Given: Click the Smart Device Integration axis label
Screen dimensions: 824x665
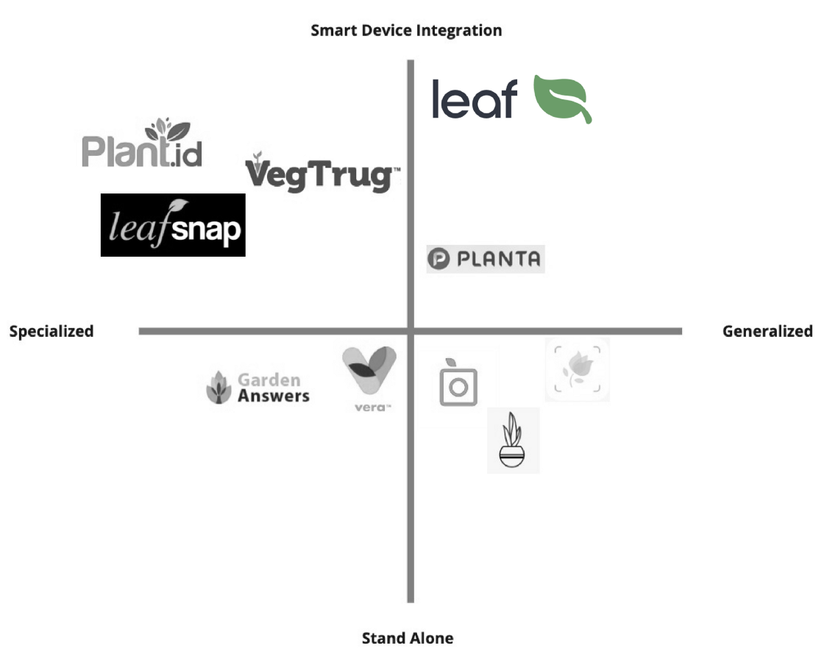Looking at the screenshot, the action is click(406, 30).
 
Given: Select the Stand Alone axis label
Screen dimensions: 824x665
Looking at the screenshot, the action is click(408, 639).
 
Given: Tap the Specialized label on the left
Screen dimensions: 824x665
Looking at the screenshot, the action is click(51, 332).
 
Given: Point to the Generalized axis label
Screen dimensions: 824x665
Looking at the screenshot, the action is click(767, 332).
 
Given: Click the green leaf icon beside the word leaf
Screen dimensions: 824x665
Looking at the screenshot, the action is click(561, 99).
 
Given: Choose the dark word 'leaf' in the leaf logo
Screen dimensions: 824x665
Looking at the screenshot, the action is click(474, 99).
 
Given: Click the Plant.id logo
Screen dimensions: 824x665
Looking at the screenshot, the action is click(142, 143).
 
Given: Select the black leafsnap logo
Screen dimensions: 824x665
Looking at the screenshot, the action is click(173, 225).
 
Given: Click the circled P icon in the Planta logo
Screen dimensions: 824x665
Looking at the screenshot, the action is click(438, 259).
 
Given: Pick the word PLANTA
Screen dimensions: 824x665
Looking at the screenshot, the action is click(498, 259).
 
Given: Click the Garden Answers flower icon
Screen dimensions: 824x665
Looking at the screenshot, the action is click(219, 388).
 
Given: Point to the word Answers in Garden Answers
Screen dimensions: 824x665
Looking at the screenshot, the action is click(273, 396).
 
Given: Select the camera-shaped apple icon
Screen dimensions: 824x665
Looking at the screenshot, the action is click(458, 383).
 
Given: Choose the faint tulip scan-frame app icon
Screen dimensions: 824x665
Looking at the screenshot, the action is click(577, 370).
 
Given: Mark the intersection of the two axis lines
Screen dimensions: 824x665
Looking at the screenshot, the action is click(411, 332).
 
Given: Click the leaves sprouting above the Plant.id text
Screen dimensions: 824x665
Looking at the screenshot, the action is click(167, 129).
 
